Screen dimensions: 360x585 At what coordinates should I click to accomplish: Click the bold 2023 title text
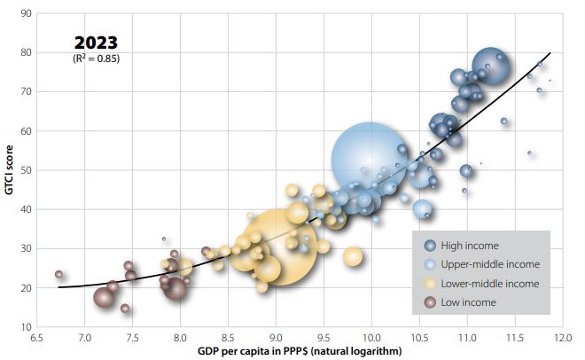[x=96, y=43]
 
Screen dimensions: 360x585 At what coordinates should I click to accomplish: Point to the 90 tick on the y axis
[x=27, y=13]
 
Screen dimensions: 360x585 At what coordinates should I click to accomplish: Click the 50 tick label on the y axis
[x=27, y=170]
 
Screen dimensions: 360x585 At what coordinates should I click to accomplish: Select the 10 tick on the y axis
[x=27, y=327]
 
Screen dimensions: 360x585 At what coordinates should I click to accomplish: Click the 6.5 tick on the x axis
[x=37, y=338]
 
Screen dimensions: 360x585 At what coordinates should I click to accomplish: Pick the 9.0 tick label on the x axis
[x=276, y=338]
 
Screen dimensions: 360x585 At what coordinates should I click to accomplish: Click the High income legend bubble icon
[x=432, y=246]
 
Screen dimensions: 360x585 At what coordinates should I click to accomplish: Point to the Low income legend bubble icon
[x=432, y=302]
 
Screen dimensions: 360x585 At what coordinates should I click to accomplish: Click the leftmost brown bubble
[x=59, y=274]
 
